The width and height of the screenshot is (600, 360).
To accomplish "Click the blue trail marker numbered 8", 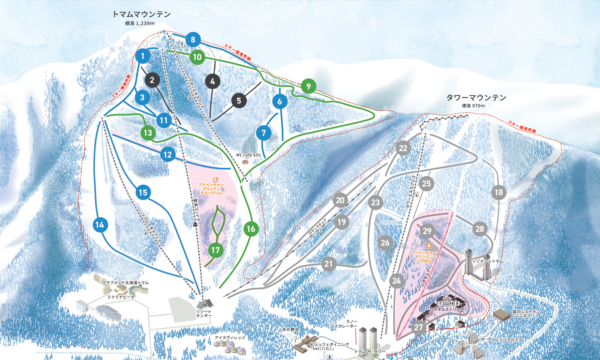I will [x=193, y=40].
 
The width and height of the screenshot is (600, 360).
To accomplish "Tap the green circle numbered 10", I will [x=197, y=57].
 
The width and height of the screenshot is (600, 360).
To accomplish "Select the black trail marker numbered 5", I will [x=239, y=101].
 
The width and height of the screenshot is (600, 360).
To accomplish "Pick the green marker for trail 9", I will [x=308, y=86].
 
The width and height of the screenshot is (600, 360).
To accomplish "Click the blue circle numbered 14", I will [x=100, y=225].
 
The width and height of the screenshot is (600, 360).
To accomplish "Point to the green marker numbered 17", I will [x=215, y=250].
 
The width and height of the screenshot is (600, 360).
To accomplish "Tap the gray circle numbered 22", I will [x=403, y=148].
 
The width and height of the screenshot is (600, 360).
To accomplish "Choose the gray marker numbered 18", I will [x=499, y=192].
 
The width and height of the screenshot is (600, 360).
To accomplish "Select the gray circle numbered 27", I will [x=418, y=327].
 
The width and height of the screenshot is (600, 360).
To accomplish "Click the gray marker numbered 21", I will [x=328, y=264].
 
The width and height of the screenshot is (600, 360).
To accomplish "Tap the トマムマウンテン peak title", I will [x=142, y=14].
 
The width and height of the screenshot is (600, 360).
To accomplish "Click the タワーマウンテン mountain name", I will [x=476, y=97].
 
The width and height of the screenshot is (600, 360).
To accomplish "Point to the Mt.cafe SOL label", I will [x=249, y=155].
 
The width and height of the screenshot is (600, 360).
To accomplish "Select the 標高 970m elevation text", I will [x=473, y=106].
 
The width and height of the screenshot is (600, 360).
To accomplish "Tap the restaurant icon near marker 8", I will [x=182, y=44].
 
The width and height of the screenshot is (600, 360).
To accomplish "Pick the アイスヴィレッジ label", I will [x=230, y=338].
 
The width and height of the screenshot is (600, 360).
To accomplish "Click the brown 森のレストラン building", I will [x=502, y=315].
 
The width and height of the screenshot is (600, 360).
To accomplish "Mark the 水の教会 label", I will [x=290, y=329].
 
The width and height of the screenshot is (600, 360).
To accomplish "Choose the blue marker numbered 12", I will [x=168, y=155].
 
